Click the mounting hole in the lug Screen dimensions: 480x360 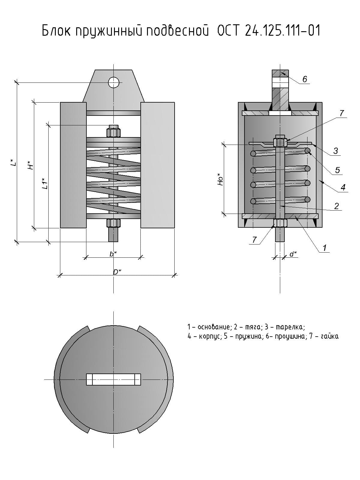click(114, 82)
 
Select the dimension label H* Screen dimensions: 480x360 click(30, 165)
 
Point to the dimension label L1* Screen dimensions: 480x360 click(45, 183)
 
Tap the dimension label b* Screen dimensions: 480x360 click(113, 254)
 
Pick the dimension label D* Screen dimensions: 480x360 click(117, 272)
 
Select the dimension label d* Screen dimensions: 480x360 click(293, 254)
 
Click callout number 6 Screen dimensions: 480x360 click(305, 79)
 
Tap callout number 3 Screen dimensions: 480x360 click(336, 151)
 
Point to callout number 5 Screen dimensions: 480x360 click(337, 170)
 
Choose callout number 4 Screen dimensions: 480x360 click(343, 187)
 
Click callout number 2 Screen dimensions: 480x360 click(336, 206)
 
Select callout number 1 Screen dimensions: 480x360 click(324, 248)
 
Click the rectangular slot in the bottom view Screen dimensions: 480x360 click(113, 379)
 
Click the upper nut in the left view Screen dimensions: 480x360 click(113, 132)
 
